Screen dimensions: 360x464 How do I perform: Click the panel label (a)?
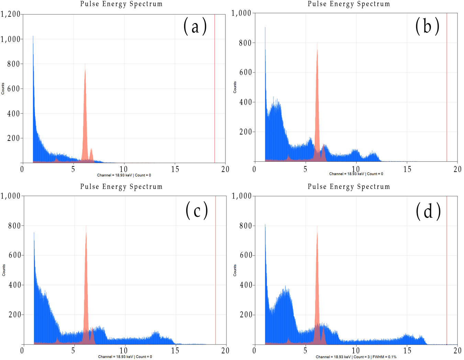point(195,26)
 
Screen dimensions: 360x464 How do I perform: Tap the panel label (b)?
point(427,26)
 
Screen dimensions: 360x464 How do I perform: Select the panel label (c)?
point(197,210)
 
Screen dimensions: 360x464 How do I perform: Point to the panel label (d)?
point(428,211)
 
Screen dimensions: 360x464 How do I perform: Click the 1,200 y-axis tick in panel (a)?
point(10,14)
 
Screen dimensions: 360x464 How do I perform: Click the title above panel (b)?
point(349,4)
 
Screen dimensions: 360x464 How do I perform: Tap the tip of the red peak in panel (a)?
point(85,65)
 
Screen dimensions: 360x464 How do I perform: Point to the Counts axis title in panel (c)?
point(4,270)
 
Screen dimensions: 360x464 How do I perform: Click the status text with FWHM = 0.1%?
point(356,357)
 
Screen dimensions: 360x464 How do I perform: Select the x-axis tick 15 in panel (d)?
point(407,350)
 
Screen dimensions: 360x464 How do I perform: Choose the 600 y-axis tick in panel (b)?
point(245,72)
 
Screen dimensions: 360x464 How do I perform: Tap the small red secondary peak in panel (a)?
point(91,150)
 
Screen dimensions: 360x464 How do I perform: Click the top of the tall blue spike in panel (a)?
point(33,36)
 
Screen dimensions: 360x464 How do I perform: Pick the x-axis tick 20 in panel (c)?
point(225,350)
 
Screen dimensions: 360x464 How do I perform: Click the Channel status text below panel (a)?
point(124,175)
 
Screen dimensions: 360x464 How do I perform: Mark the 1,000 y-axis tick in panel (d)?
point(242,196)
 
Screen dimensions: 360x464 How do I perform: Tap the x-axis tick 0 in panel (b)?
point(254,169)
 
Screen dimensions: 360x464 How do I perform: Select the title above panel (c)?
point(121,187)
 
